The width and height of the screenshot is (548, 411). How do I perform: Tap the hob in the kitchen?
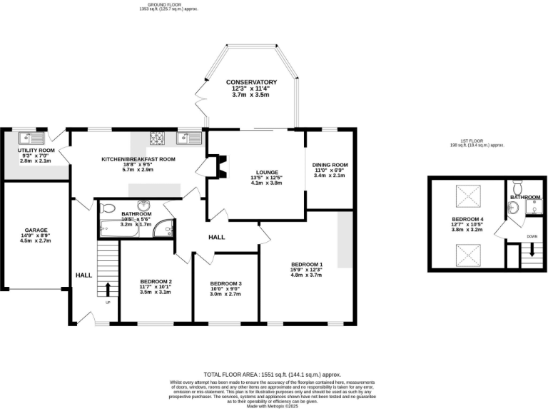coord(157,137)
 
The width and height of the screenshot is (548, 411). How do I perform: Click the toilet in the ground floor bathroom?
coord(108,208)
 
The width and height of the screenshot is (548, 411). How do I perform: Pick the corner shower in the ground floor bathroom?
coord(165,229)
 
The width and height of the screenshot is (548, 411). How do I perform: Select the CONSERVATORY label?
coord(251,82)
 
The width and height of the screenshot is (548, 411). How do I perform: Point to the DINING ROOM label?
coord(330,165)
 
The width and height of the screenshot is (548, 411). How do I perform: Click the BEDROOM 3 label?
coord(225,284)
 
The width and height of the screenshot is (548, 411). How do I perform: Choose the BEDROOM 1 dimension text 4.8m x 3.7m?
coord(306,275)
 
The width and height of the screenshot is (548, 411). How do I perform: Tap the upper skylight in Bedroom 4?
coord(467,192)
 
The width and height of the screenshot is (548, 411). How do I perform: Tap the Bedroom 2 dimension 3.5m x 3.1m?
coord(156,292)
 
